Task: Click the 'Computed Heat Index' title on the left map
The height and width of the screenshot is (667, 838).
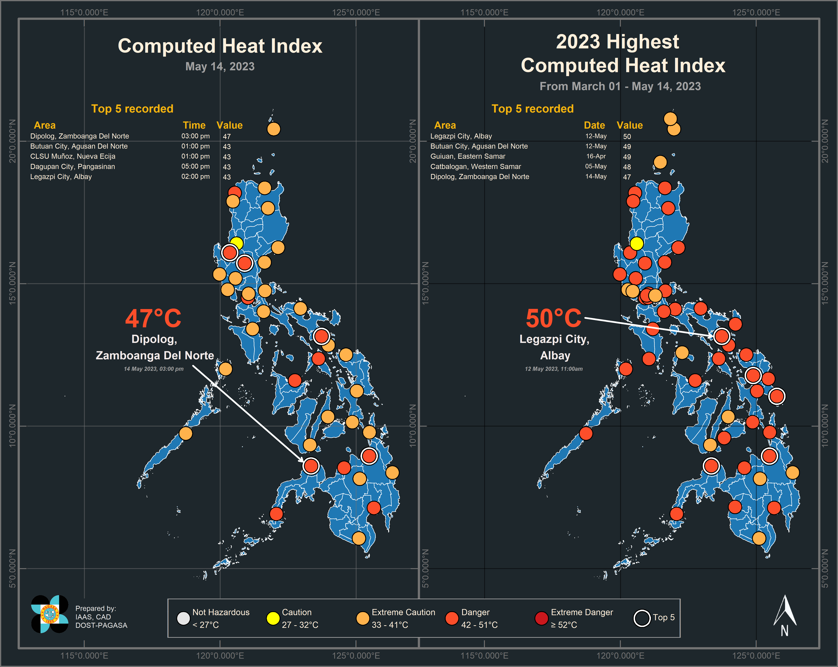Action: [220, 46]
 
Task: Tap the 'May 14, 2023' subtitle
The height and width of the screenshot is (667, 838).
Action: [220, 67]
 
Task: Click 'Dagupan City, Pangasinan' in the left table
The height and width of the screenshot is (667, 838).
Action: [73, 166]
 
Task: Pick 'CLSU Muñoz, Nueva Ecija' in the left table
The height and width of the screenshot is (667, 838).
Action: [73, 156]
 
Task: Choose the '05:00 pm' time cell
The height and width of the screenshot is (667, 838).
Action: [195, 166]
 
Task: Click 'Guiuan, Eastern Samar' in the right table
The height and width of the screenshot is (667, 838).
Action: [468, 156]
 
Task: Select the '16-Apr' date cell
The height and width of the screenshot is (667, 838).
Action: [596, 156]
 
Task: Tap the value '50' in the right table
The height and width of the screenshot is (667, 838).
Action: [627, 136]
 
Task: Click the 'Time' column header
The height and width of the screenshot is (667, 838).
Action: [194, 125]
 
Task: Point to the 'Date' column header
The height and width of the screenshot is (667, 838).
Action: [594, 125]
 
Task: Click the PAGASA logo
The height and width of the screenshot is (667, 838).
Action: [50, 614]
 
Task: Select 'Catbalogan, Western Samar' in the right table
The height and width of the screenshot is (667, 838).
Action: [475, 166]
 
